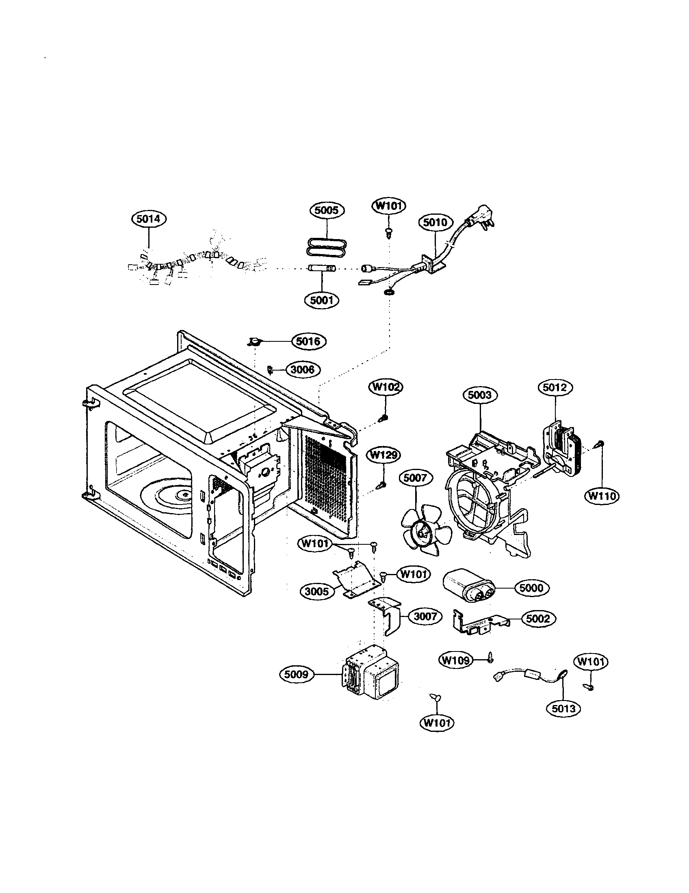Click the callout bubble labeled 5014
click(149, 219)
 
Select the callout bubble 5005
click(327, 210)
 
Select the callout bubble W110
click(602, 496)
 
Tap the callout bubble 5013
click(563, 709)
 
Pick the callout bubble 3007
click(425, 616)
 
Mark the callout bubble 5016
click(308, 341)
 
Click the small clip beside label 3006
click(270, 369)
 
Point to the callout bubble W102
click(385, 387)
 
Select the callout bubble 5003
click(480, 395)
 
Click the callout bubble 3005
click(317, 592)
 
